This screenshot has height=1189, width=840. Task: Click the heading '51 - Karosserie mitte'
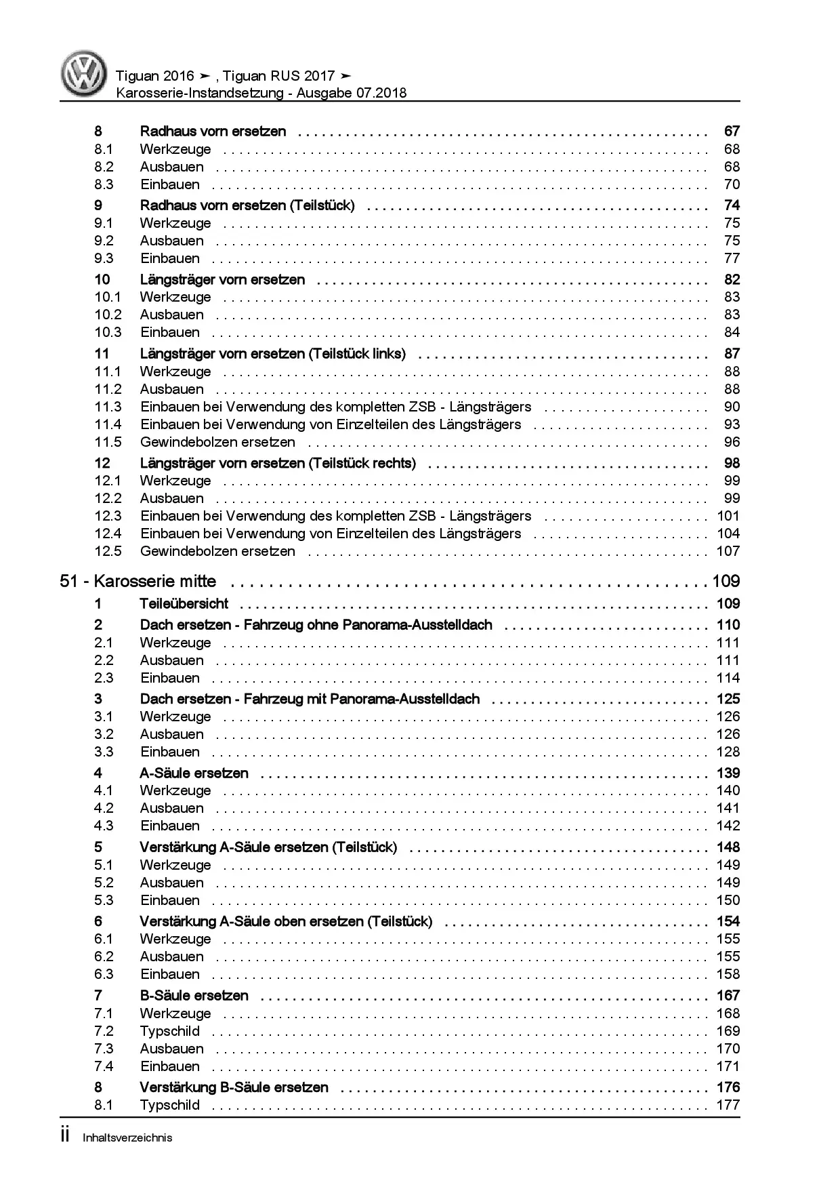pos(138,581)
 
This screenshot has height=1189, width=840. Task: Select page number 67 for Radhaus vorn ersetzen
pos(732,131)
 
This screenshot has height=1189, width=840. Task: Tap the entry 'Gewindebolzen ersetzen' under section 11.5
pos(217,442)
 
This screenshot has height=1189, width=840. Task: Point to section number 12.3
pos(108,516)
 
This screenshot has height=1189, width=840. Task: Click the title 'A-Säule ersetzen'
pos(194,773)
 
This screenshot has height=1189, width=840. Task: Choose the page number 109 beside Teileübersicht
pos(728,603)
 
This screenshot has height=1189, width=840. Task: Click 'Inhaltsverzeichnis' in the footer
pos(127,1137)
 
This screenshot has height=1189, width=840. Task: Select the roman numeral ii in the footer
pos(65,1136)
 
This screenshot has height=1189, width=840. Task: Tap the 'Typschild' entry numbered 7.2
pos(170,1031)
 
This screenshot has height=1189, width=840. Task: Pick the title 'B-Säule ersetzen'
pos(194,995)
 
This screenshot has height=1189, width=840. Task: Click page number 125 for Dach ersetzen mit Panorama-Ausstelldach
pos(728,699)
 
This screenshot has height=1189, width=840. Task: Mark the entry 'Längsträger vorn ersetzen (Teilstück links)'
pos(273,353)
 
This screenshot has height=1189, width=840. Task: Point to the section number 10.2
pos(108,315)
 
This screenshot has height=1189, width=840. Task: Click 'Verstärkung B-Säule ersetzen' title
pos(234,1087)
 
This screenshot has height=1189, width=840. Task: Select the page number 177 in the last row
pos(728,1105)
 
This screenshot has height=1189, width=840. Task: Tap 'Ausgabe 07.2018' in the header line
pos(352,94)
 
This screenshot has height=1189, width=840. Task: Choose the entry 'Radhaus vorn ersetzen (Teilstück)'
pos(247,205)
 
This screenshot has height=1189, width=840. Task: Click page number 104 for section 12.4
pos(728,533)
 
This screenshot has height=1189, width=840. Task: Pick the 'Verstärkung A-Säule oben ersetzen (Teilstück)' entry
pos(286,921)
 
